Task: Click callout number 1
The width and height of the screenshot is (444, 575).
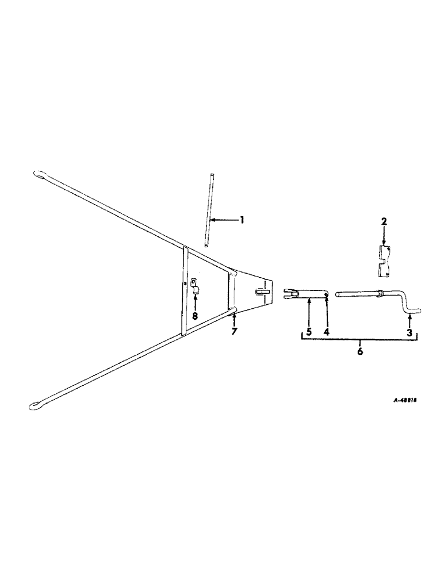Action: tap(242, 220)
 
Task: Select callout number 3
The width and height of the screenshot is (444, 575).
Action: tap(408, 333)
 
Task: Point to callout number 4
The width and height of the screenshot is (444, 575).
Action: tap(326, 333)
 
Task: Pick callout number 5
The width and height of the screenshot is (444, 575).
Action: tap(309, 333)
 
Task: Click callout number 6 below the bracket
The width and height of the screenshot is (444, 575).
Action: tap(360, 351)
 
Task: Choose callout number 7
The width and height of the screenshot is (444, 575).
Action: tap(234, 333)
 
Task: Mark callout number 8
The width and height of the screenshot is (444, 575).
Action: tap(194, 316)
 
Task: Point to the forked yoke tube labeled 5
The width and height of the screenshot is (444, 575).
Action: tap(308, 295)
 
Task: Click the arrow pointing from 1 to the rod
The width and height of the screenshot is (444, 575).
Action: tap(224, 220)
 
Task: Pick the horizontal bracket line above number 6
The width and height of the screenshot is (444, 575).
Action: tap(360, 340)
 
